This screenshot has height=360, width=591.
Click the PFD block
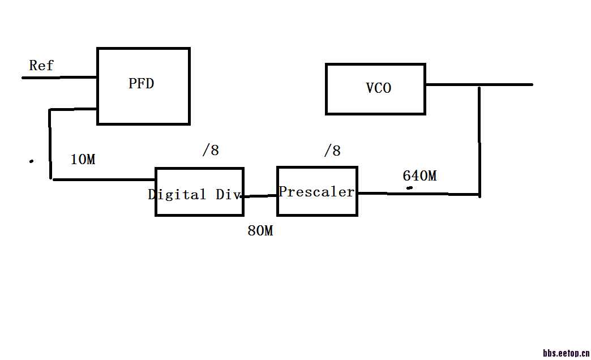point(143,86)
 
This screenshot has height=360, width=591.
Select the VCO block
point(375,89)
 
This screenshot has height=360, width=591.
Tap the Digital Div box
point(199,191)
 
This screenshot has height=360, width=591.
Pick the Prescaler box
point(317,191)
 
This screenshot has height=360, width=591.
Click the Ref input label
point(41,66)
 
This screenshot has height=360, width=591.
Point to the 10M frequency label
point(83,160)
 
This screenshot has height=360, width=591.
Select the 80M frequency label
point(260,231)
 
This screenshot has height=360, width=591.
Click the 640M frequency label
point(419,176)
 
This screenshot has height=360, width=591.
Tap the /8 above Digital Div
point(211,151)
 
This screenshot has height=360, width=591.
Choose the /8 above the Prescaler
point(332,151)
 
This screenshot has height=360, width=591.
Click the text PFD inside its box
point(141,84)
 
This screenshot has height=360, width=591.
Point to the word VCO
point(378,88)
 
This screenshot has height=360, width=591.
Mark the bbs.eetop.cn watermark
point(566,353)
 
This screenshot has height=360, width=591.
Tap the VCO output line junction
point(479,85)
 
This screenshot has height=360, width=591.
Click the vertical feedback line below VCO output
point(479,142)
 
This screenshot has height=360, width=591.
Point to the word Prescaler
point(317,192)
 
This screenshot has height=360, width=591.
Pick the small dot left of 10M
point(31,161)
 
